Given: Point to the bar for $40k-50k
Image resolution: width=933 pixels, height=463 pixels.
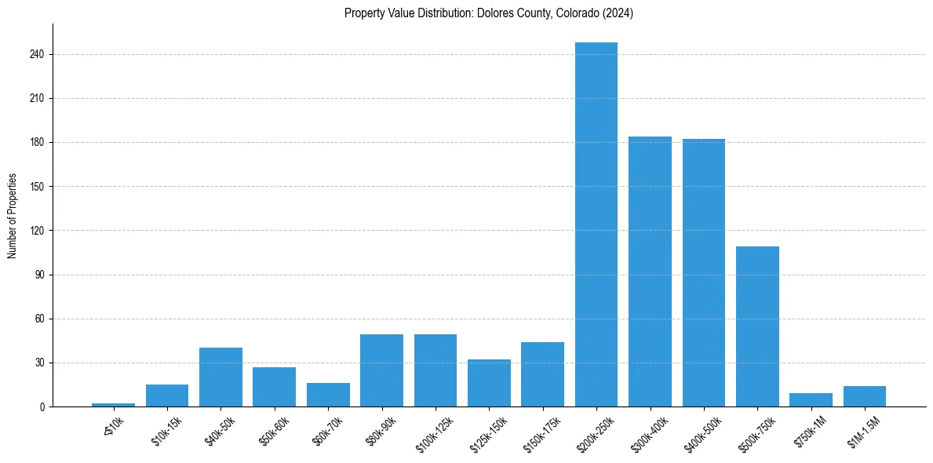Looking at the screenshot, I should [220, 377].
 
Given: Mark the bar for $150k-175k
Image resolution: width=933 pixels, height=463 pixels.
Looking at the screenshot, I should [542, 374].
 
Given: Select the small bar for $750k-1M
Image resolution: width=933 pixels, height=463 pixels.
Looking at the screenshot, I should [811, 400].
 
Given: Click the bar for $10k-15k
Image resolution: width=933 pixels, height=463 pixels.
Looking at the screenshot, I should [167, 396].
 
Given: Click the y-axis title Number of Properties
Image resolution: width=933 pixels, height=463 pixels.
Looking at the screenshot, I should [12, 216].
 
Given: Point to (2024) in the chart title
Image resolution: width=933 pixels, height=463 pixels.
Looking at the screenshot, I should [618, 13].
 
